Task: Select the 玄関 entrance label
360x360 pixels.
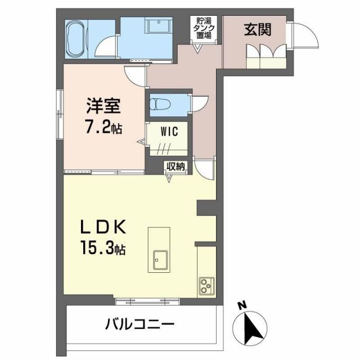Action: pos(257,30)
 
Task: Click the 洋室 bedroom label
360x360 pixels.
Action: pos(102,106)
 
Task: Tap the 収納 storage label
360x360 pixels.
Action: pos(175,166)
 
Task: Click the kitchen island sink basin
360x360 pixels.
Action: pos(159,260)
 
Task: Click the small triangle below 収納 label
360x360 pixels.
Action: pos(171,178)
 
